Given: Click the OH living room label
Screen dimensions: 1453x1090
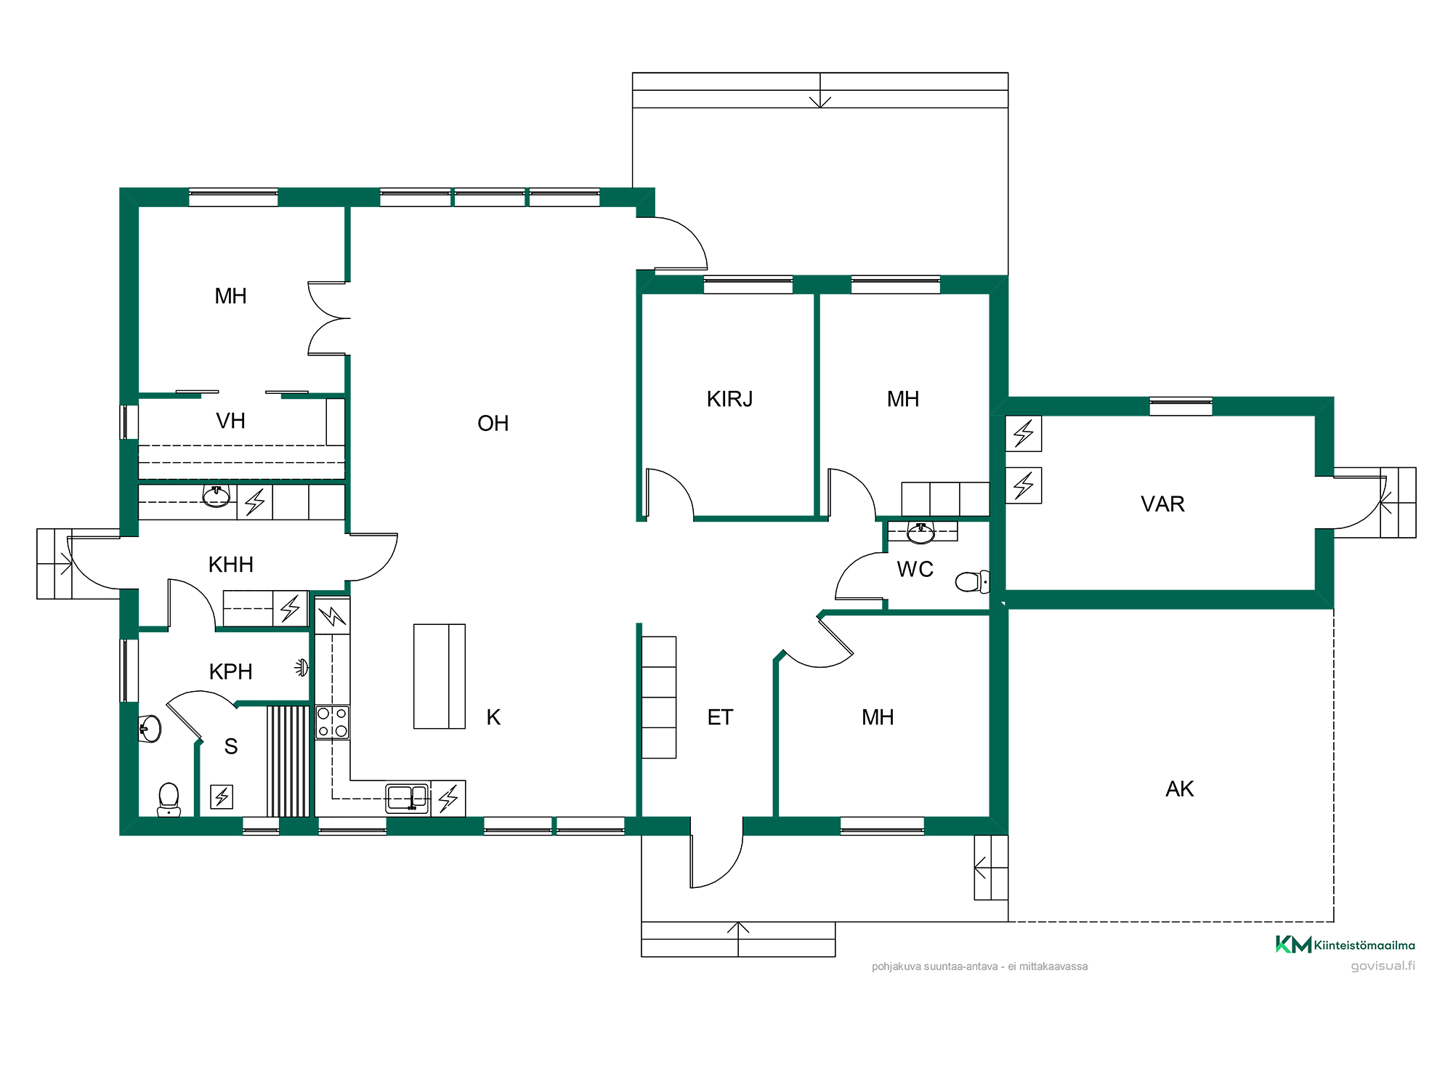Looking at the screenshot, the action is (x=493, y=424).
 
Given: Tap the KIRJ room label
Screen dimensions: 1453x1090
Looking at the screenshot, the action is (x=729, y=399).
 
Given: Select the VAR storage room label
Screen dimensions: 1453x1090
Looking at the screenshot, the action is (x=1162, y=504).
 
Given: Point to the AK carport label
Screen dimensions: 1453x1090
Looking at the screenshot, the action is (x=1179, y=789).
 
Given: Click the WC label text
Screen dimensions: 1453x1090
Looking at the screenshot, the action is (x=915, y=570).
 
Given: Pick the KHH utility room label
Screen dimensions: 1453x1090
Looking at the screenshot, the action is (x=230, y=565).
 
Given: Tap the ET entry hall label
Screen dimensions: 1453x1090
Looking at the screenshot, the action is (x=720, y=718).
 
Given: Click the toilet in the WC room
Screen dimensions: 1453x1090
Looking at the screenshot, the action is (x=972, y=581).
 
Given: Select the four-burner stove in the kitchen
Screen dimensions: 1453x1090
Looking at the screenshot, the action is (x=332, y=722).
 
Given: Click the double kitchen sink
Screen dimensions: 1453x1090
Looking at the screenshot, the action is (x=407, y=798).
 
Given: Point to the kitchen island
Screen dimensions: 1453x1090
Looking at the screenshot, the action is (x=440, y=676).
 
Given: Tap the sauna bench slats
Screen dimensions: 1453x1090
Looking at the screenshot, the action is (x=288, y=761).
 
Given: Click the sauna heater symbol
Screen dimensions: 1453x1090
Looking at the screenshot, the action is (x=222, y=796).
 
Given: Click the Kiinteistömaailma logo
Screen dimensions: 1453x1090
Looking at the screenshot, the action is (x=1345, y=945).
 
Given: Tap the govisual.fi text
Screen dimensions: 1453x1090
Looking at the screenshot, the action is (x=1383, y=966).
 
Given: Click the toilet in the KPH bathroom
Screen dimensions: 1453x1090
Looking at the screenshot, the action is (x=169, y=799).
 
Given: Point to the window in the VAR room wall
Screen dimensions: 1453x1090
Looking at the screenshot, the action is (x=1181, y=406).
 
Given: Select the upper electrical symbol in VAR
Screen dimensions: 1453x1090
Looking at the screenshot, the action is (x=1024, y=433).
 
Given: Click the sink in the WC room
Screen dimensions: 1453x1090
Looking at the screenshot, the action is (x=921, y=532).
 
